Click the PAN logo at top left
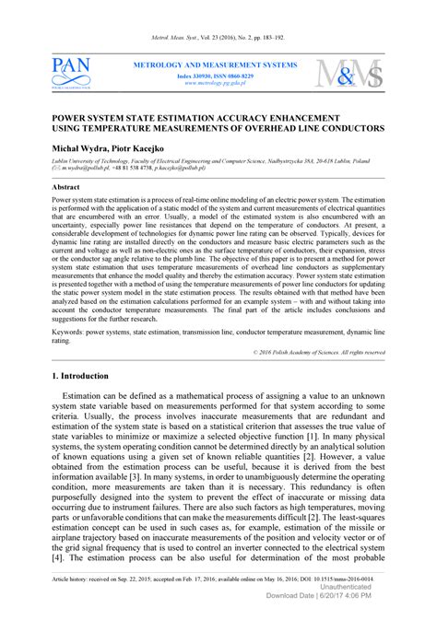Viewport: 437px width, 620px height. coord(71,73)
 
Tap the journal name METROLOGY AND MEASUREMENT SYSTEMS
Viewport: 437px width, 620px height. coord(216,65)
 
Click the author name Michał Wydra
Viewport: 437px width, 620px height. coord(75,148)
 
